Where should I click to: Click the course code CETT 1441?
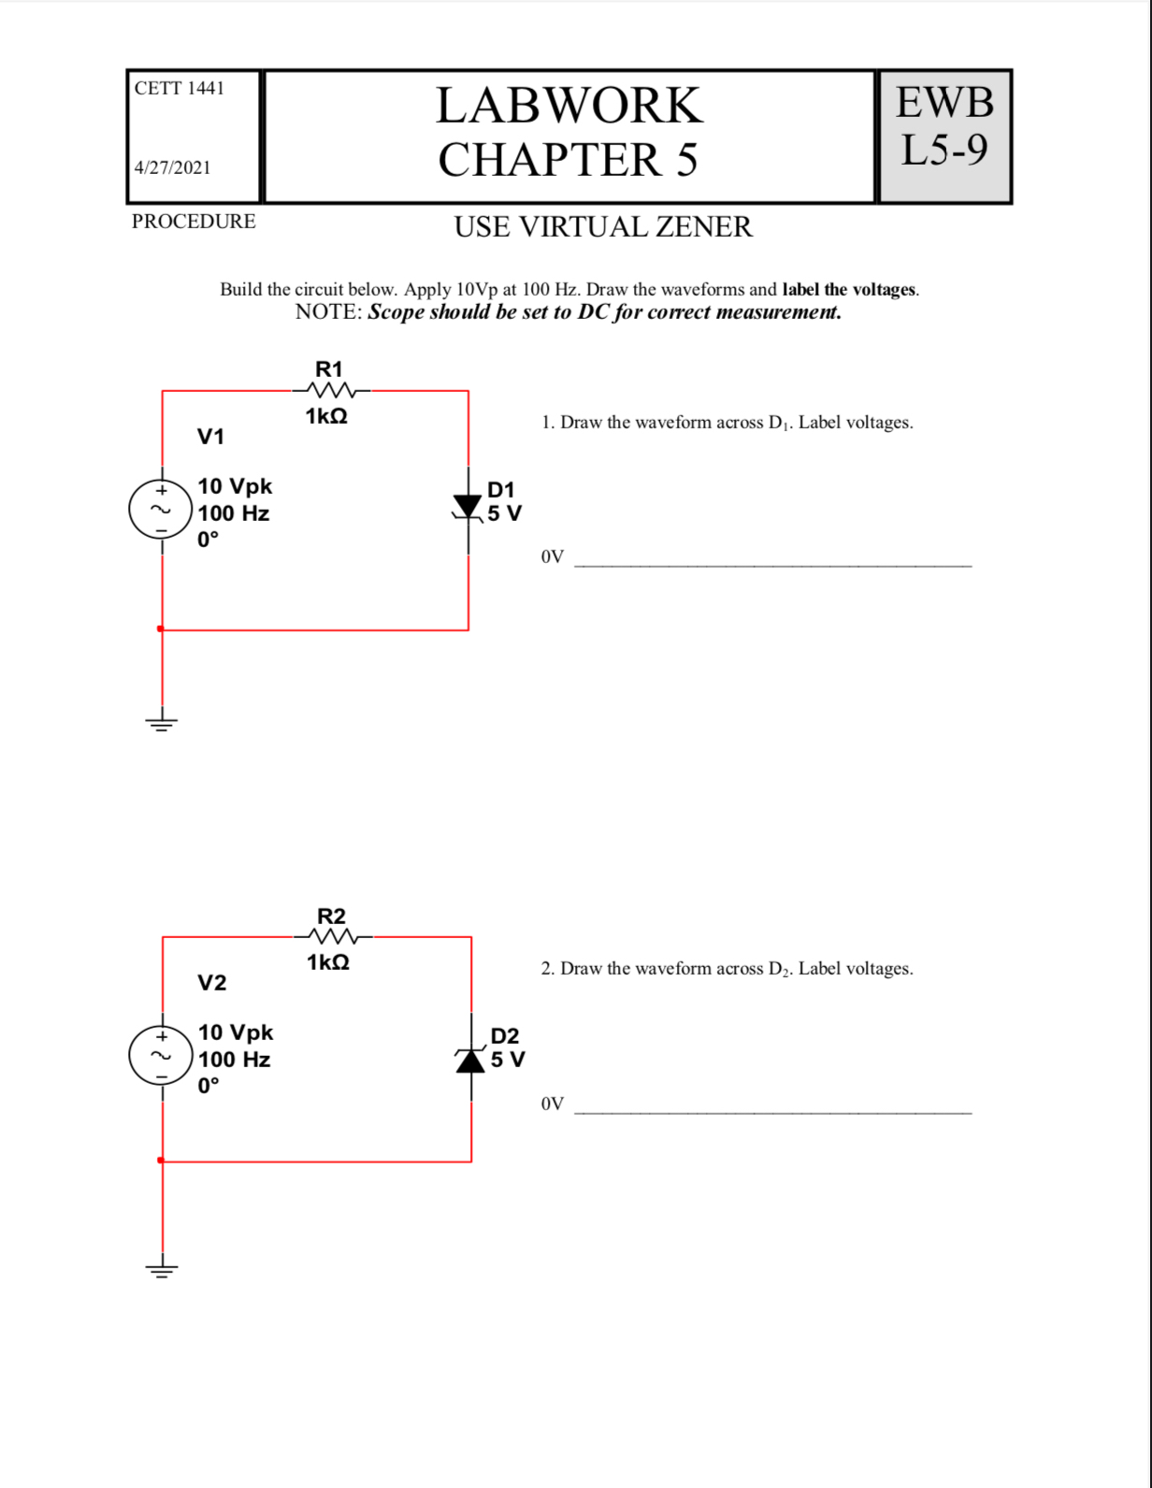[x=179, y=88]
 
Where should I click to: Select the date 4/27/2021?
[x=172, y=167]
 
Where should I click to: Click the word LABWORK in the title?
[x=569, y=105]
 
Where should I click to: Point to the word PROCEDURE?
[x=194, y=222]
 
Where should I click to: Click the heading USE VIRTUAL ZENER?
[x=603, y=227]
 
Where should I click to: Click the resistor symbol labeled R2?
[x=332, y=937]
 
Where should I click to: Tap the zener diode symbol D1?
[x=468, y=508]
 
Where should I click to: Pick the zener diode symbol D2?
[x=470, y=1060]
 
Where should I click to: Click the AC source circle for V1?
[x=161, y=510]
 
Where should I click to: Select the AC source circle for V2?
[x=161, y=1056]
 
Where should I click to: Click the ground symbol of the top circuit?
[x=162, y=722]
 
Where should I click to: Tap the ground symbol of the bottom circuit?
[x=162, y=1269]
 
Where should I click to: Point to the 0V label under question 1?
[x=552, y=557]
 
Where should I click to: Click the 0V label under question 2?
[x=552, y=1105]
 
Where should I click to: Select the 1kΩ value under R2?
[x=328, y=962]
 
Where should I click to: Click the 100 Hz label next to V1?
[x=234, y=513]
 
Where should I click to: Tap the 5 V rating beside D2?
[x=508, y=1060]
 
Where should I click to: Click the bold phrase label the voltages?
[x=848, y=290]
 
